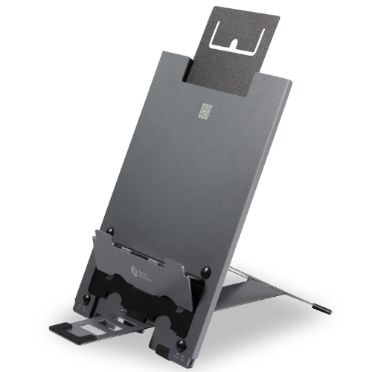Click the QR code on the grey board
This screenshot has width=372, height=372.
[x=205, y=111]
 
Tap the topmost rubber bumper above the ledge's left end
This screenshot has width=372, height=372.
[x=110, y=231]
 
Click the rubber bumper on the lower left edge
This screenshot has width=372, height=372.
[x=86, y=300]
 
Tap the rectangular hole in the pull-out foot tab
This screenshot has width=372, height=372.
[x=97, y=327]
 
